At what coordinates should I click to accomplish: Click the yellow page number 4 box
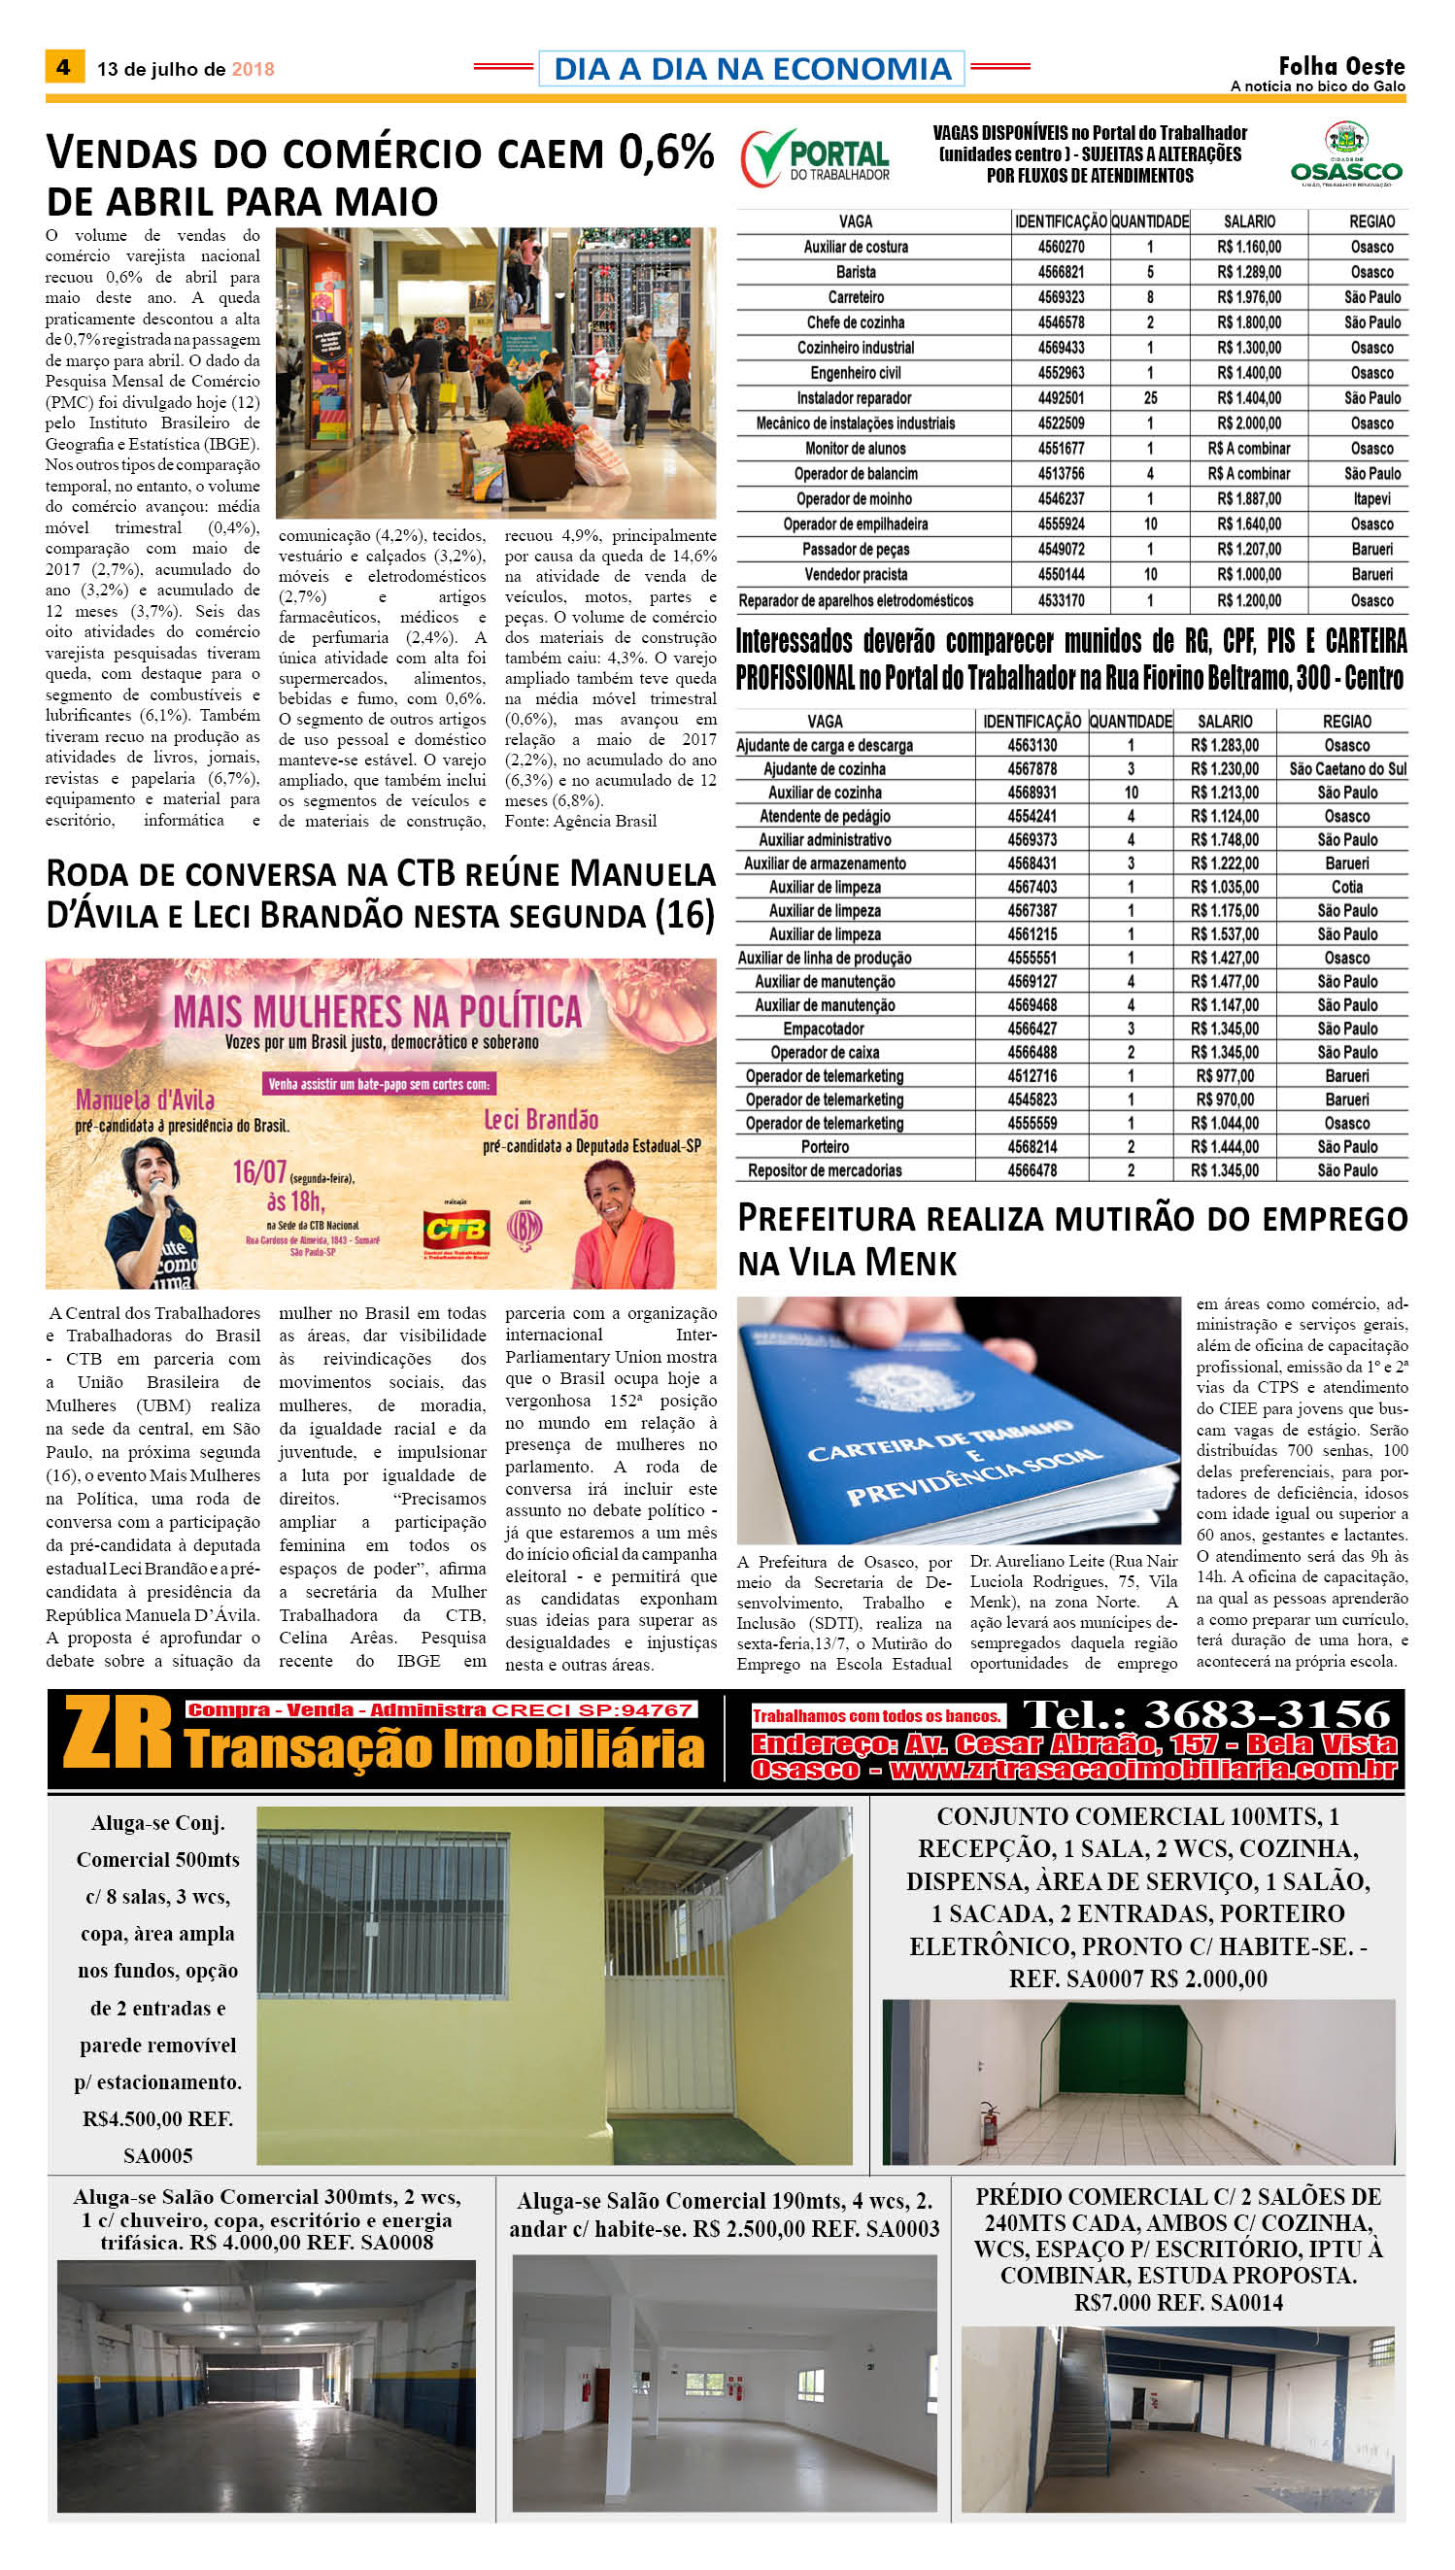[64, 67]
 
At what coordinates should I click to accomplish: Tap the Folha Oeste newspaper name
[1341, 66]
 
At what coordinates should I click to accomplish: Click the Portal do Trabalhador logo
[816, 158]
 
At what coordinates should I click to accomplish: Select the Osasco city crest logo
[1346, 154]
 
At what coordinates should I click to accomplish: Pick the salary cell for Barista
[1248, 272]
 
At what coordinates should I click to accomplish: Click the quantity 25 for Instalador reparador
[1150, 397]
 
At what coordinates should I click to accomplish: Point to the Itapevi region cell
[1371, 498]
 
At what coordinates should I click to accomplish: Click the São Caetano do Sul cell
[1346, 768]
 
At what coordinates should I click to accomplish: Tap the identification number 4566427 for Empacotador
[1032, 1029]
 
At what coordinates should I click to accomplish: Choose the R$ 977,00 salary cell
[1224, 1075]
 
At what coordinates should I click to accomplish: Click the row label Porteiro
[825, 1146]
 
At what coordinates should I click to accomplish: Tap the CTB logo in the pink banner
[455, 1228]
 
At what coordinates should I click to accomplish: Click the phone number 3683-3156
[1267, 1713]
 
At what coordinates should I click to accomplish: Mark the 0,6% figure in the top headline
[665, 152]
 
